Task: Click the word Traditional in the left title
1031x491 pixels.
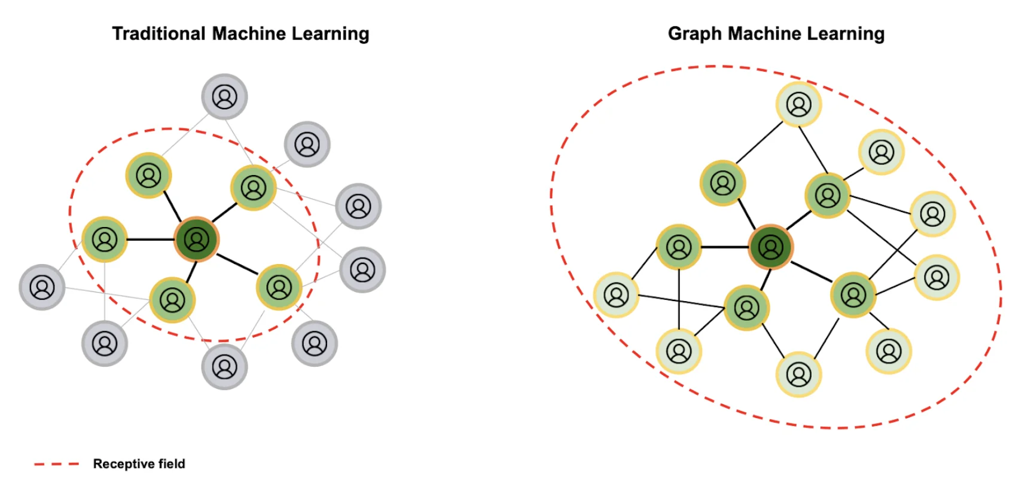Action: pyautogui.click(x=158, y=33)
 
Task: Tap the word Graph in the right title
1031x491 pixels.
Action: pyautogui.click(x=694, y=33)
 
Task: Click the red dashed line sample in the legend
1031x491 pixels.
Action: pyautogui.click(x=57, y=464)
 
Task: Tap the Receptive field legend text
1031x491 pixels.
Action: pyautogui.click(x=139, y=464)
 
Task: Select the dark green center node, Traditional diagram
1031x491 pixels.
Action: pyautogui.click(x=196, y=240)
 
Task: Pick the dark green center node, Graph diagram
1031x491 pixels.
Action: pyautogui.click(x=770, y=247)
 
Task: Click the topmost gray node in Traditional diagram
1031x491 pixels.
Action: pyautogui.click(x=224, y=97)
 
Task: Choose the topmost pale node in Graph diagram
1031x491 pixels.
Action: pyautogui.click(x=798, y=105)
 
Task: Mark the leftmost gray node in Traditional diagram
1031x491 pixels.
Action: pyautogui.click(x=42, y=287)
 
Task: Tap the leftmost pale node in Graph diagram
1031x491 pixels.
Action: pyautogui.click(x=616, y=294)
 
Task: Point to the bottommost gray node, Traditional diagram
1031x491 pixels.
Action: pyautogui.click(x=224, y=367)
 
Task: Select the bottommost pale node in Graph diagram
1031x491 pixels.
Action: pyautogui.click(x=798, y=375)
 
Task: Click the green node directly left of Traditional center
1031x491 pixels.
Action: pyautogui.click(x=105, y=240)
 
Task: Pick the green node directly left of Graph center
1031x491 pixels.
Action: pyautogui.click(x=679, y=247)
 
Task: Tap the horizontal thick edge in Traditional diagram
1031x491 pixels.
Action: pyautogui.click(x=150, y=240)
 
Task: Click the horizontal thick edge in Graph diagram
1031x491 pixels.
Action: pyautogui.click(x=724, y=247)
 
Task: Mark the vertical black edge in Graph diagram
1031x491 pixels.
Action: pyautogui.click(x=679, y=299)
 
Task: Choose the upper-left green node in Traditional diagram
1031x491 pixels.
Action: pyautogui.click(x=148, y=175)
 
